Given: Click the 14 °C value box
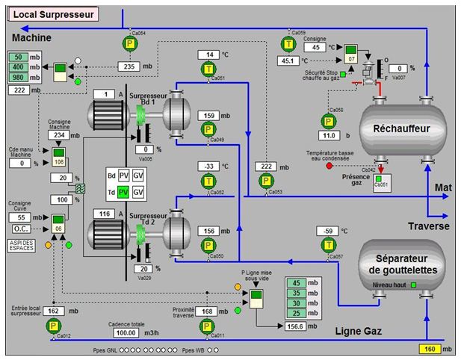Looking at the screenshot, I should point(210,55).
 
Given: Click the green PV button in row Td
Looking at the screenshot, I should point(124,192).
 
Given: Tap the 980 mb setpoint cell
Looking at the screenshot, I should point(19,78).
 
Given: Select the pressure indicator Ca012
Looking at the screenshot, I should point(53,325).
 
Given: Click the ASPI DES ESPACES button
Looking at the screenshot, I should point(20,244).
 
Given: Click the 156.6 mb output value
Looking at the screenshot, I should point(297,326).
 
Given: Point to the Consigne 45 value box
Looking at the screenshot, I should point(316,47).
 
